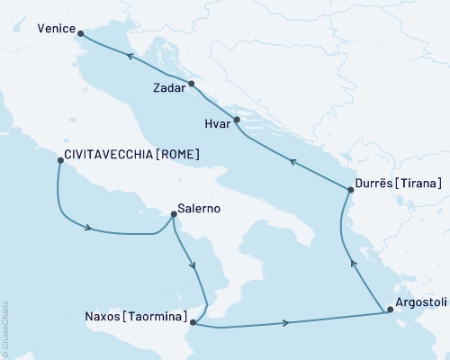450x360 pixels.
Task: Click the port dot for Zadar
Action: click(x=192, y=84)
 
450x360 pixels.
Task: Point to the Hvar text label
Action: click(x=217, y=128)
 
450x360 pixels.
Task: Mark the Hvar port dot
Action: click(x=237, y=120)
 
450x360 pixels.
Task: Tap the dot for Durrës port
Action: click(x=350, y=189)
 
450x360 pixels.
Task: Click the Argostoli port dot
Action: click(x=389, y=310)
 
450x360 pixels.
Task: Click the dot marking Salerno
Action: click(x=173, y=214)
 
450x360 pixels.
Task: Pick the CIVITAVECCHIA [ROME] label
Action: click(x=132, y=155)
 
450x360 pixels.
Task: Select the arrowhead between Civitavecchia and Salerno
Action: click(x=88, y=228)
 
